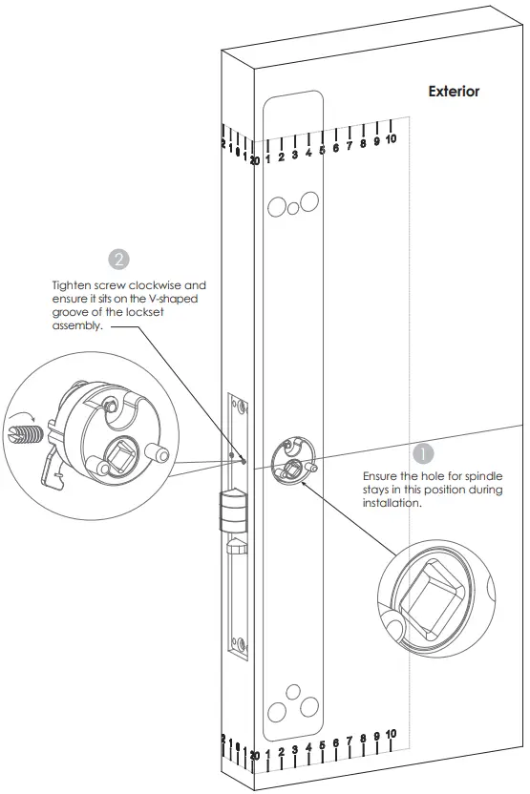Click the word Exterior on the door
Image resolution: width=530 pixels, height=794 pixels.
[454, 93]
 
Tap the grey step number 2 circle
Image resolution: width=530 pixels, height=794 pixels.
[120, 259]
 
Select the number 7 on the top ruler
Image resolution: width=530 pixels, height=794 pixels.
[350, 147]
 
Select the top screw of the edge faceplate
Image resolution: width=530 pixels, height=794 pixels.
[241, 407]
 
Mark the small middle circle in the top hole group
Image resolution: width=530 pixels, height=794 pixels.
[291, 206]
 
